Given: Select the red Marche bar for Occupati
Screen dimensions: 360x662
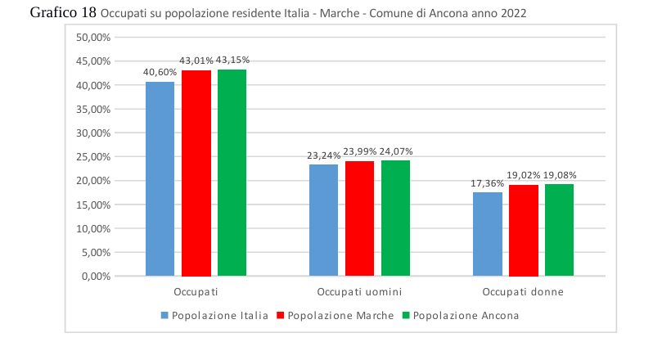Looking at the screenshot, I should coord(196,173).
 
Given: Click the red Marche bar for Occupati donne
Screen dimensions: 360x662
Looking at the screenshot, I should coord(524,230).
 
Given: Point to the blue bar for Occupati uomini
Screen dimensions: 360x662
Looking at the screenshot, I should coord(323,220).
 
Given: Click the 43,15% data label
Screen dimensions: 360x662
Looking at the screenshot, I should coord(232,60).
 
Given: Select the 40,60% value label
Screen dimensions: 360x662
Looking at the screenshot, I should coord(160,72).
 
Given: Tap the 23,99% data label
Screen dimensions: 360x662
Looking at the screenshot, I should coord(360,151).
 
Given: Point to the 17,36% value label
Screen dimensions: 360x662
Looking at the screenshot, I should coord(488,183).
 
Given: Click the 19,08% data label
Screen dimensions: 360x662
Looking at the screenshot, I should coord(560,175).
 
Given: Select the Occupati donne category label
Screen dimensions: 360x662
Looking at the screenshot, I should coord(523,292).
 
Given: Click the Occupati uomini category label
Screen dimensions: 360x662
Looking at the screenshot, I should coord(359,292).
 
